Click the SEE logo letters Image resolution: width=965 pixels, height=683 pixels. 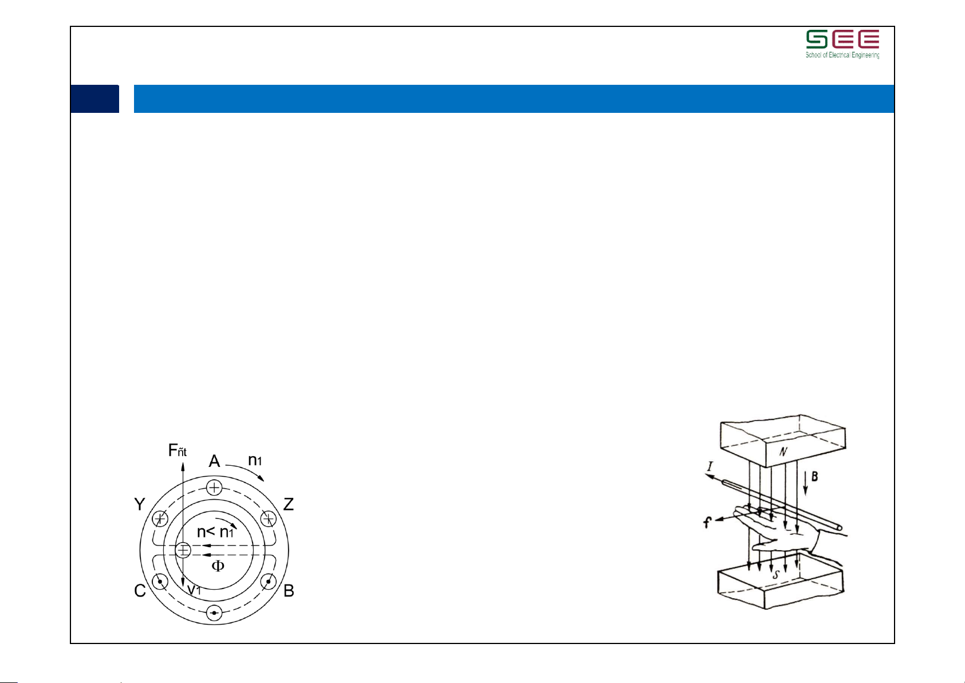pos(842,39)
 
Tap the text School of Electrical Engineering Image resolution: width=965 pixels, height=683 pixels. pos(842,55)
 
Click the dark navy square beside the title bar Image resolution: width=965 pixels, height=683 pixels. pos(94,99)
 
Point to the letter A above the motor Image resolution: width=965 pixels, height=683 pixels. pos(214,461)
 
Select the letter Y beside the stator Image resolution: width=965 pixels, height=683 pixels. pos(140,504)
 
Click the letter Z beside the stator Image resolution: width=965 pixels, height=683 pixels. pos(288,504)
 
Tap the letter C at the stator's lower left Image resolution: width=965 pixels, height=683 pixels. pos(140,590)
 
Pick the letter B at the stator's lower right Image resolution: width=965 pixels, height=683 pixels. pos(289,590)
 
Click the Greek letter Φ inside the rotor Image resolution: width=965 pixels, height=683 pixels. pos(218,566)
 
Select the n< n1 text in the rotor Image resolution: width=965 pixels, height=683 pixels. pos(215,532)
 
